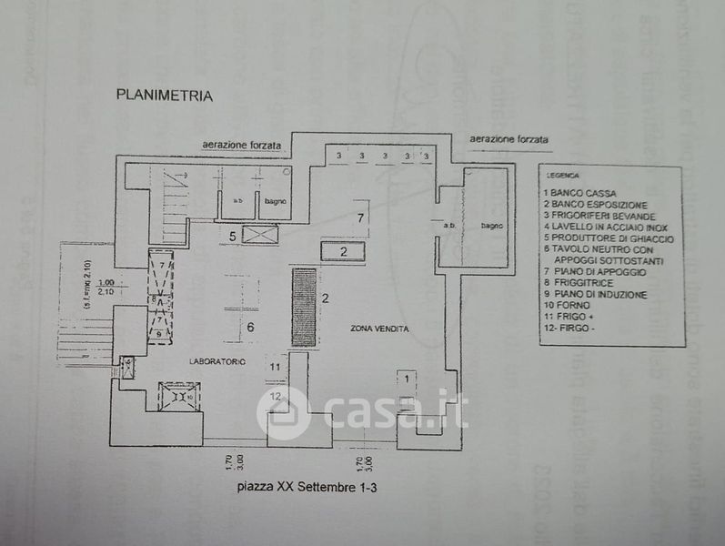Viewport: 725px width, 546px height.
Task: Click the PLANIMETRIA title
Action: point(164,94)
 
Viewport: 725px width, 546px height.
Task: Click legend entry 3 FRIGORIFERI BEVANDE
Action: point(599,216)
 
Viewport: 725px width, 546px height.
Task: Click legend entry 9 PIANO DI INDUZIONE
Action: point(596,294)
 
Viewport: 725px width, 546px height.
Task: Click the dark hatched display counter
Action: point(303,306)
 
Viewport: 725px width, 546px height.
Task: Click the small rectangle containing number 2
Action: point(346,252)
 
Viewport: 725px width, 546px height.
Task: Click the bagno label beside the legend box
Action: point(491,225)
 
